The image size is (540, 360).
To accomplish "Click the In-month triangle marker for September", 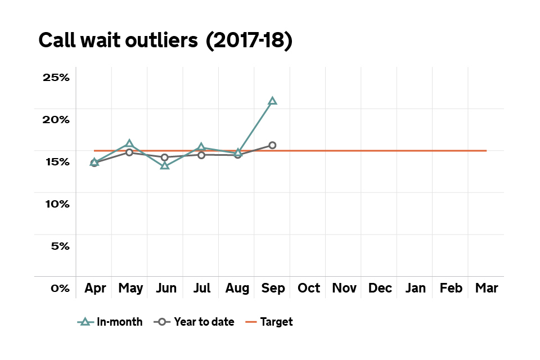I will pyautogui.click(x=273, y=101).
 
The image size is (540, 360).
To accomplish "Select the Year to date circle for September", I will pyautogui.click(x=273, y=145).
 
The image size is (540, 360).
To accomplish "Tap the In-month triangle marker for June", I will pyautogui.click(x=165, y=165).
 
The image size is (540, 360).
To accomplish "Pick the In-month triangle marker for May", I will pyautogui.click(x=129, y=144).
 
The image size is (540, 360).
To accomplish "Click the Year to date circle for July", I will pyautogui.click(x=201, y=155).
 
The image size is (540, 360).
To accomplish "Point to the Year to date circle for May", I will pyautogui.click(x=129, y=152).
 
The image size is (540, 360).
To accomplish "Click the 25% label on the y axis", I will pyautogui.click(x=56, y=78).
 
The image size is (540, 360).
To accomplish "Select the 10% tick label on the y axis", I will pyautogui.click(x=56, y=204).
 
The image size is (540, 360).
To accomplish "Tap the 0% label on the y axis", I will pyautogui.click(x=60, y=289).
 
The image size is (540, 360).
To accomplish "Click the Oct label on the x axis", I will pyautogui.click(x=309, y=289).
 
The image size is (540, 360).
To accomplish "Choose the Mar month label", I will pyautogui.click(x=487, y=289).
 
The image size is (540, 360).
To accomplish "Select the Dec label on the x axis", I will pyautogui.click(x=380, y=289).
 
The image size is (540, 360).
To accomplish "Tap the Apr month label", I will pyautogui.click(x=95, y=289).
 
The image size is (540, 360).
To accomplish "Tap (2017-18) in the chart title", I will pyautogui.click(x=249, y=41).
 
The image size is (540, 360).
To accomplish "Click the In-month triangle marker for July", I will pyautogui.click(x=201, y=148).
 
